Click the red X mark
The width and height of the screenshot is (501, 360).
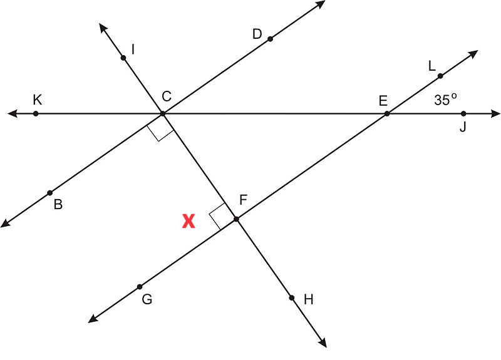(189, 221)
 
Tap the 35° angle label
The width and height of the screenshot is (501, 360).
(445, 100)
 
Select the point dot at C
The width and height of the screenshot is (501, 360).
(163, 113)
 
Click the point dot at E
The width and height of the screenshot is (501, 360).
(387, 113)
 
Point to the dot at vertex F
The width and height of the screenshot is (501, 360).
(237, 219)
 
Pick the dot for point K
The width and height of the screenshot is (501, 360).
(36, 113)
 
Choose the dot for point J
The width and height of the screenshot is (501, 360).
(463, 113)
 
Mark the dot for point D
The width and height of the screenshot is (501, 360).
(271, 39)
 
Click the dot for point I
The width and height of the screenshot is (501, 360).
(123, 58)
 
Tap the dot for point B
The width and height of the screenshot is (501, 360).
(50, 193)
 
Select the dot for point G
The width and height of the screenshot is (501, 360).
(140, 287)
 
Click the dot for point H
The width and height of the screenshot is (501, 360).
(292, 298)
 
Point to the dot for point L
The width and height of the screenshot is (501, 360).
(440, 76)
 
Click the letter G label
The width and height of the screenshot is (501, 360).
(147, 299)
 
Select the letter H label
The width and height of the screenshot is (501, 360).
(309, 300)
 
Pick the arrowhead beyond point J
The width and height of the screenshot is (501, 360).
(495, 113)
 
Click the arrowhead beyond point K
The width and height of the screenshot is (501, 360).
(13, 113)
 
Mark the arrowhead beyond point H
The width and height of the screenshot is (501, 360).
(323, 342)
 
